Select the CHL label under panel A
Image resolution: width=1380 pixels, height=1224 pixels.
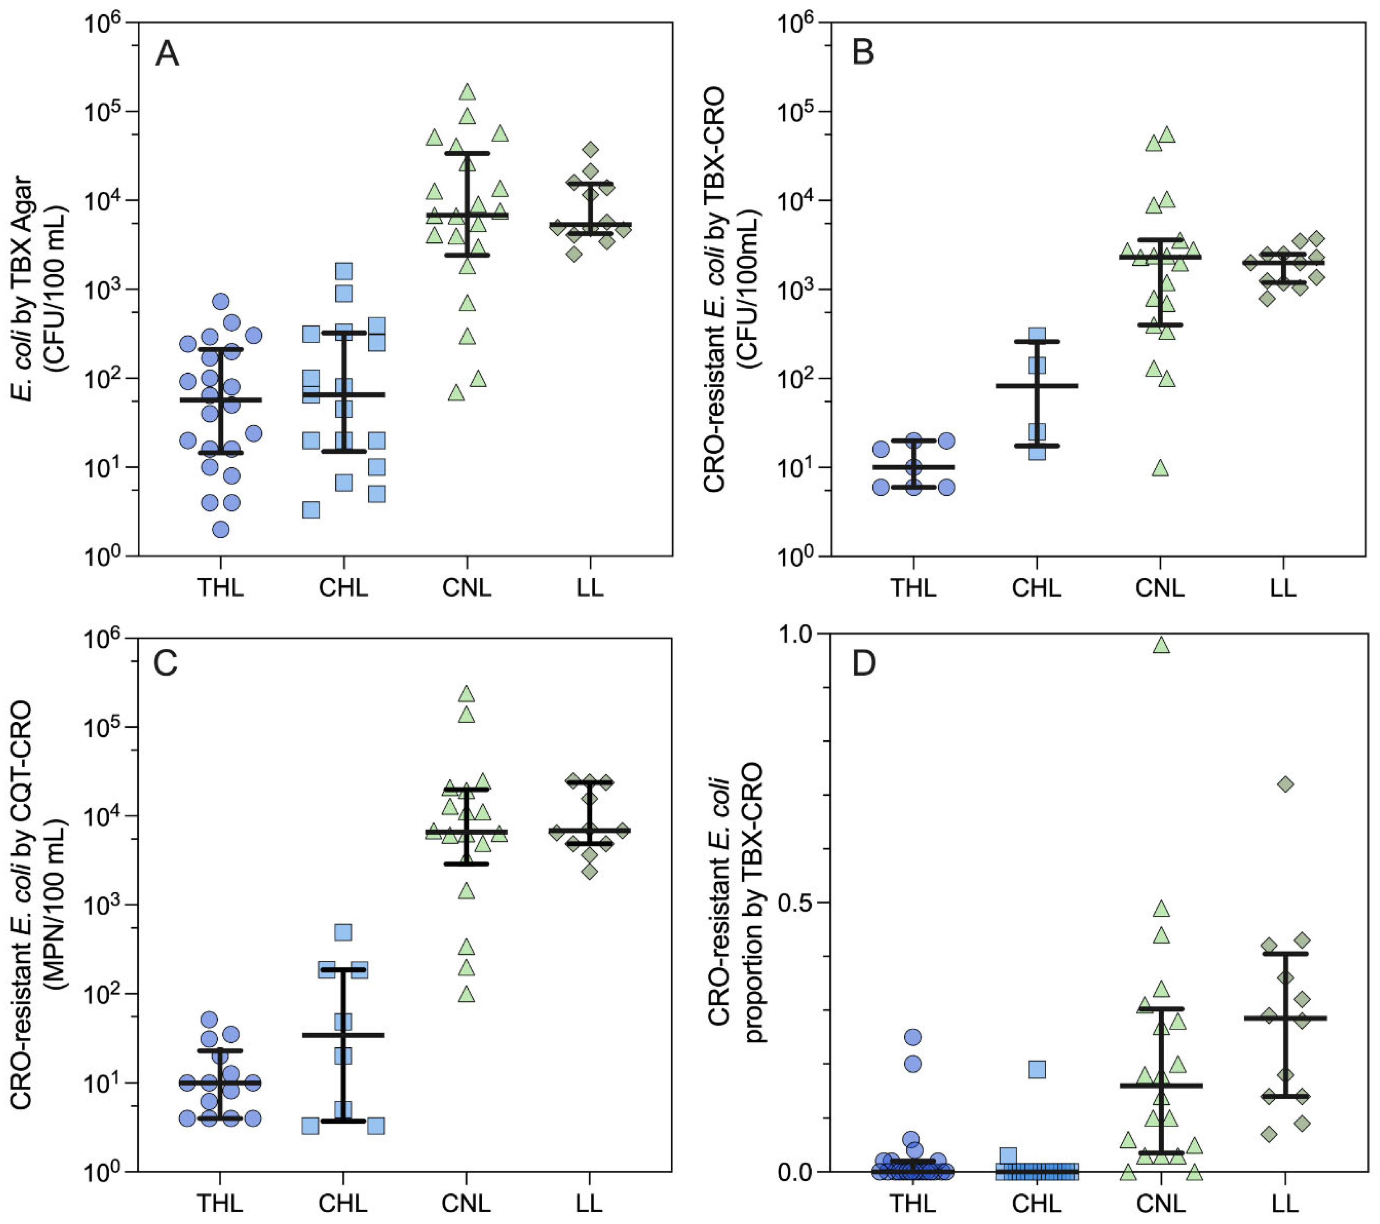344,588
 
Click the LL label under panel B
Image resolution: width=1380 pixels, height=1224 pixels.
1283,588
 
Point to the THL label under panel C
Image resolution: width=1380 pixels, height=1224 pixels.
220,1203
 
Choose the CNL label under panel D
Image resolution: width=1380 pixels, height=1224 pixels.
1160,1203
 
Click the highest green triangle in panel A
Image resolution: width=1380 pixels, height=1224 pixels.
467,92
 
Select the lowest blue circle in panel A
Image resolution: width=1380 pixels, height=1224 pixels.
221,529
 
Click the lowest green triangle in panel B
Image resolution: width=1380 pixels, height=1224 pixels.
1160,468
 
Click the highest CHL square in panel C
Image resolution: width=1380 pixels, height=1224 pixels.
343,932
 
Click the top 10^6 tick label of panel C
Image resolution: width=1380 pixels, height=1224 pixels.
101,640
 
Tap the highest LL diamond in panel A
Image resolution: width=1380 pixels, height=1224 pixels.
591,149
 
